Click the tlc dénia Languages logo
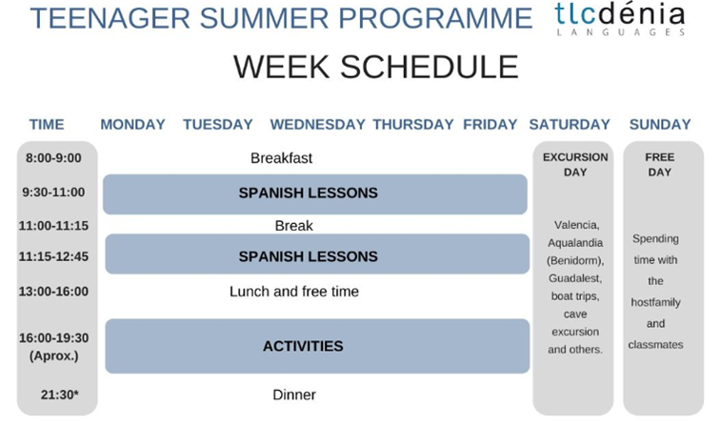[x=620, y=19]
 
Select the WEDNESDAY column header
[x=317, y=125]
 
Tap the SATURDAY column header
[x=570, y=125]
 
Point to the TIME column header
[x=47, y=125]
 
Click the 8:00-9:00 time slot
[x=53, y=158]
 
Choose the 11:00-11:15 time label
[x=53, y=226]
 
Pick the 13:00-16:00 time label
[x=53, y=292]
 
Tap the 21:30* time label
[x=60, y=395]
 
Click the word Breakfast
[x=282, y=158]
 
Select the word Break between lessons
[x=294, y=226]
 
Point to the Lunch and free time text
[x=294, y=292]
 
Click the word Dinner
[x=294, y=395]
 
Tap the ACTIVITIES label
[x=303, y=346]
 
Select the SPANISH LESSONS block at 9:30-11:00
[x=315, y=193]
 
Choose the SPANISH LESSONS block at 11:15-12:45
[x=317, y=254]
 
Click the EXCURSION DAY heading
[x=575, y=165]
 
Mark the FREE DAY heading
[x=660, y=165]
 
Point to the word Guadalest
[x=575, y=278]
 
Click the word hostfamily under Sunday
[x=655, y=302]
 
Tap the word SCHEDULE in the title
[x=430, y=67]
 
